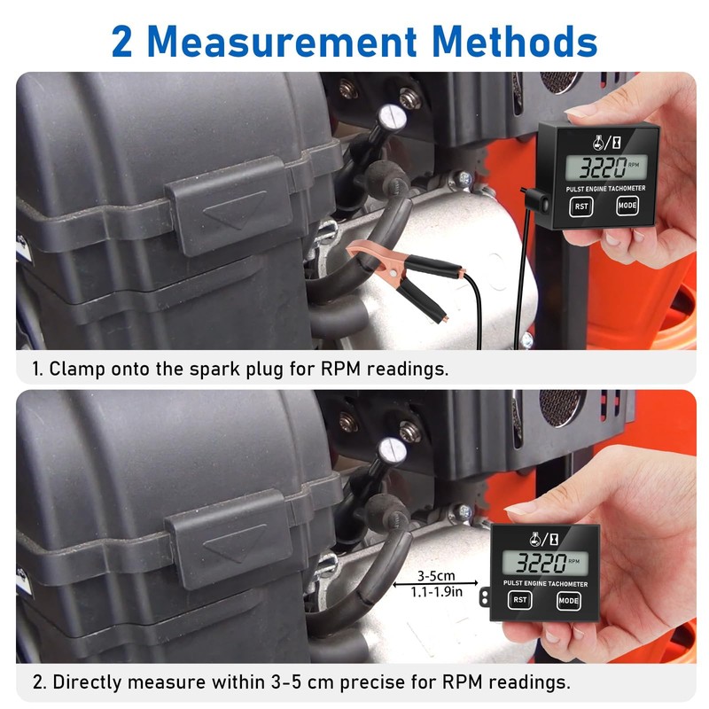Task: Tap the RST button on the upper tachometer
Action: [x=581, y=207]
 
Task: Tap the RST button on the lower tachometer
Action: [x=519, y=600]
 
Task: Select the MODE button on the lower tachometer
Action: [x=569, y=600]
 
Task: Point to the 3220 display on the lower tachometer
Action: [x=538, y=561]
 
